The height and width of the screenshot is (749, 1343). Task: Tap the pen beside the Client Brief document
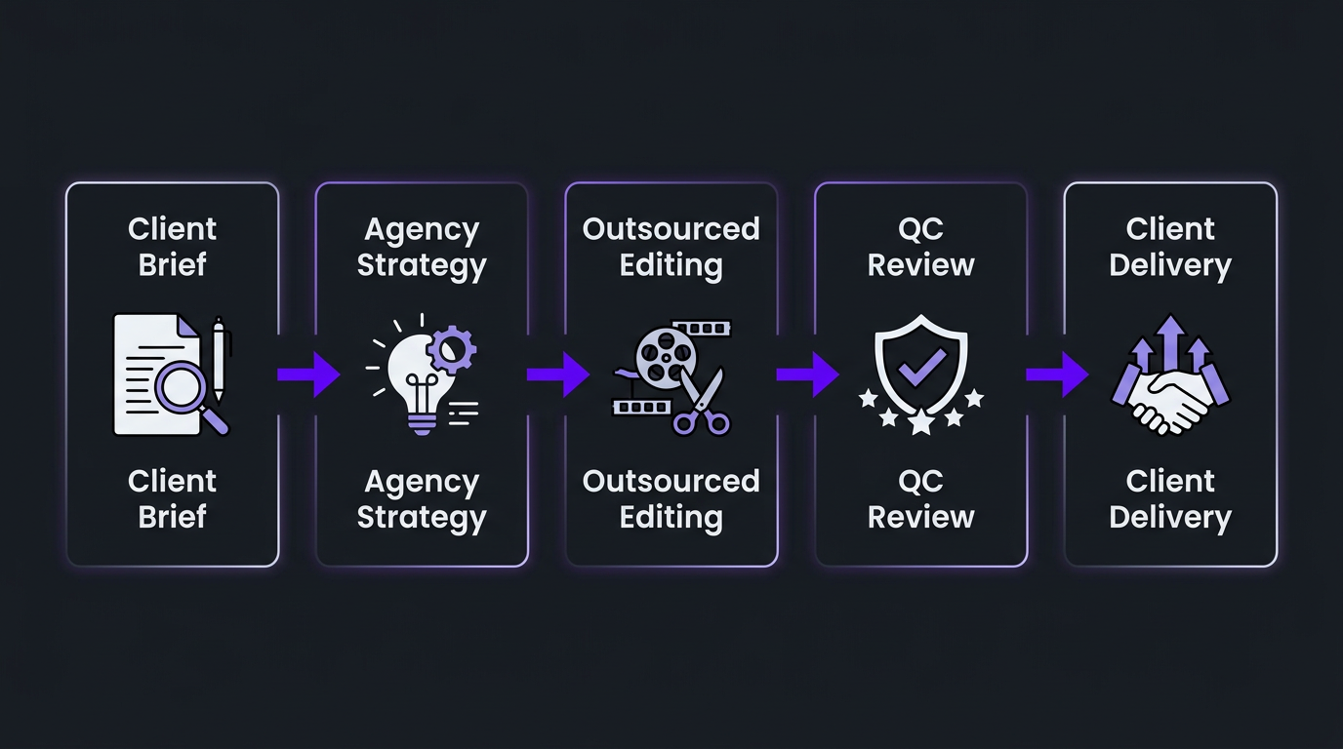218,359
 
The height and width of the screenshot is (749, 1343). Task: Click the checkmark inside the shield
920,367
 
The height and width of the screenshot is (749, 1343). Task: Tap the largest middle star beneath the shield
920,421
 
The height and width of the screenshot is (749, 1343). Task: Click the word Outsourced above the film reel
671,229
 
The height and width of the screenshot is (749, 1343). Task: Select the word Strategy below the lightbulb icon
422,517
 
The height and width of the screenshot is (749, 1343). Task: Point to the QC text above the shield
920,229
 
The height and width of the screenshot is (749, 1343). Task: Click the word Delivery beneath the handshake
1170,517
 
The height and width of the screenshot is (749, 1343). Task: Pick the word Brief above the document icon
172,265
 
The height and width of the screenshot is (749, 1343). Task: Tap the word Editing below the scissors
671,517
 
